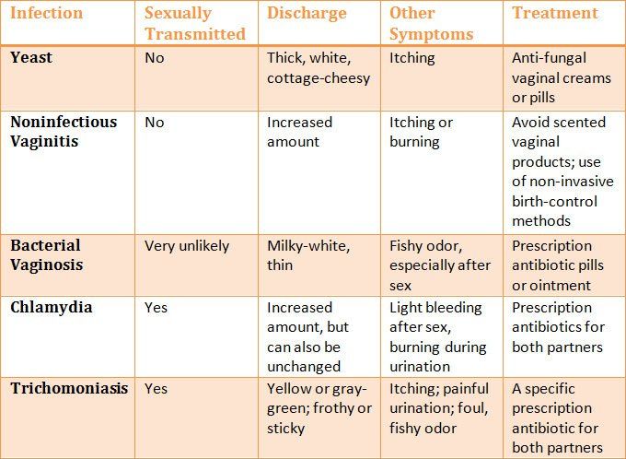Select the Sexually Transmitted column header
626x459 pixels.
195,24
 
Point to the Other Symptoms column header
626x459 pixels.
431,24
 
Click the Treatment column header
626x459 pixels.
555,14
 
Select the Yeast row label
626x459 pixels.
31,57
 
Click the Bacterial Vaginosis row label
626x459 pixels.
47,255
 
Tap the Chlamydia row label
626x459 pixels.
52,307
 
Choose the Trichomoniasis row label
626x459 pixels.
69,388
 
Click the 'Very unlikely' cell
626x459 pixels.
187,246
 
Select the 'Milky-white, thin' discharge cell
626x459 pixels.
307,255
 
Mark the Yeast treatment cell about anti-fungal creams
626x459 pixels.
561,77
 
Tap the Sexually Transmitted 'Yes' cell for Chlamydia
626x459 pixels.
156,307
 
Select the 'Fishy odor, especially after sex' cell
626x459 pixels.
440,265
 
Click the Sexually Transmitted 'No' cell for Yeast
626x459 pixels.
155,57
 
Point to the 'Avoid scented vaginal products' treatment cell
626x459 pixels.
561,171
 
